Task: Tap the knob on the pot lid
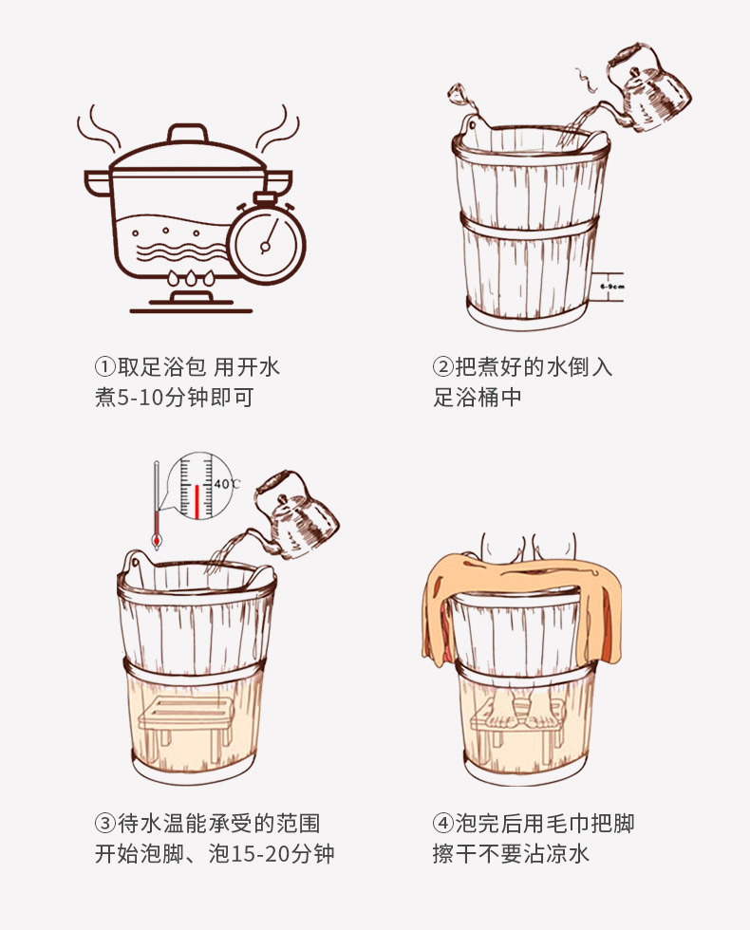click(x=188, y=133)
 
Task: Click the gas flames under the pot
click(x=191, y=277)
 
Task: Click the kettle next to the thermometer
click(x=295, y=514)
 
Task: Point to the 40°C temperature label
click(x=227, y=484)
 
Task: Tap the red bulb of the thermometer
click(x=157, y=541)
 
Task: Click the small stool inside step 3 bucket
click(x=185, y=721)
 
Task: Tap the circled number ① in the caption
click(x=104, y=366)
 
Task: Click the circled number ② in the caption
click(x=442, y=366)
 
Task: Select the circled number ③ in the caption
click(x=104, y=824)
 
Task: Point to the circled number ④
click(x=442, y=824)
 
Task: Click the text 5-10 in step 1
click(x=141, y=398)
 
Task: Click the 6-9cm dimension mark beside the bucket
click(x=611, y=287)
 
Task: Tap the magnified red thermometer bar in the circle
click(x=197, y=501)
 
